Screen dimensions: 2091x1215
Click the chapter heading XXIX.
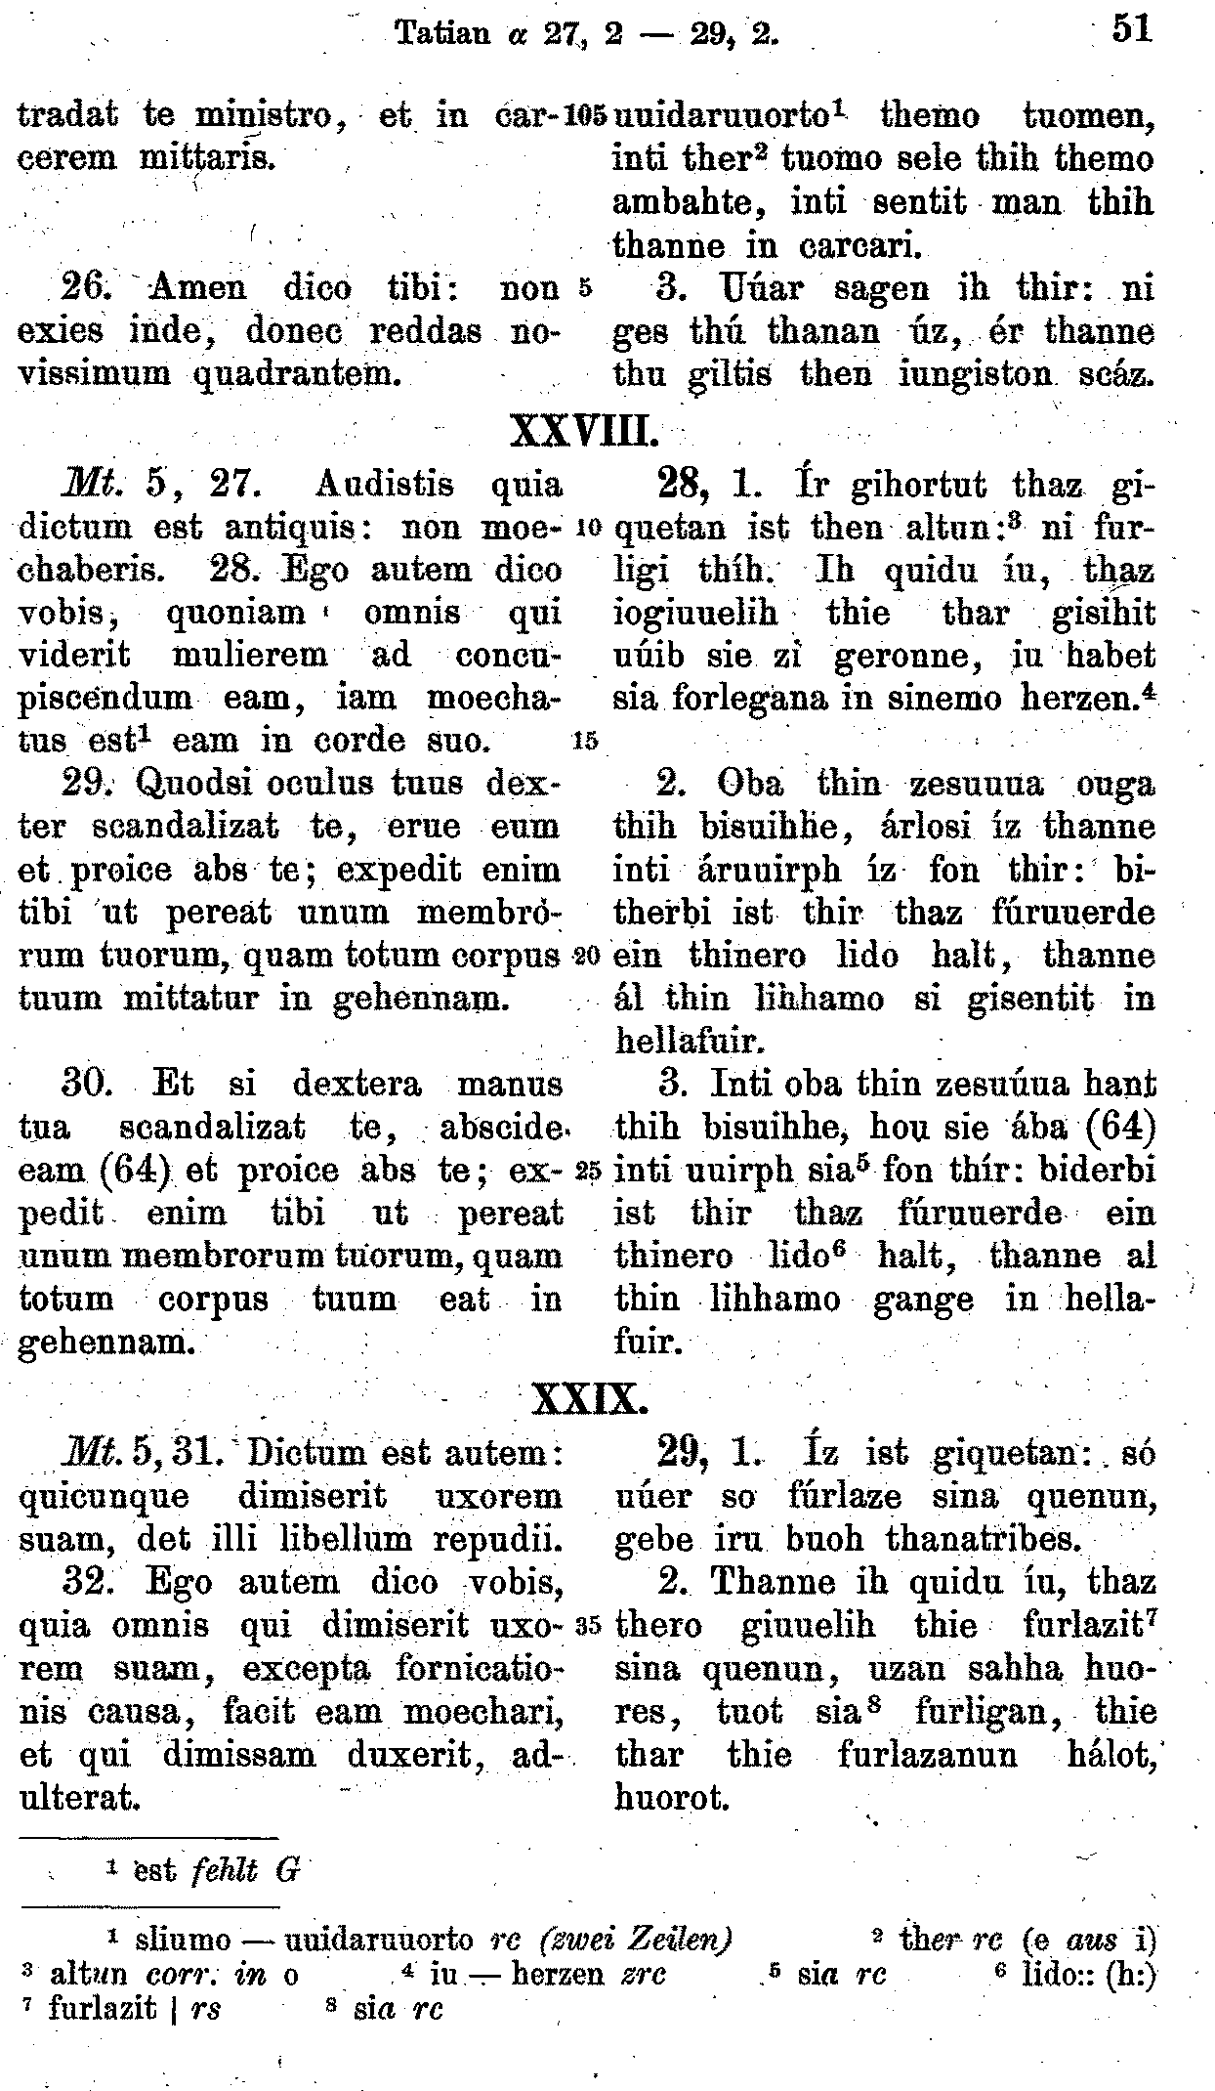(x=589, y=1401)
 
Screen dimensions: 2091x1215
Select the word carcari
(x=859, y=246)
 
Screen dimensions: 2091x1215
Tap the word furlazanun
(x=927, y=1755)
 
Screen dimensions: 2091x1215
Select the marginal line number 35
(x=587, y=1627)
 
